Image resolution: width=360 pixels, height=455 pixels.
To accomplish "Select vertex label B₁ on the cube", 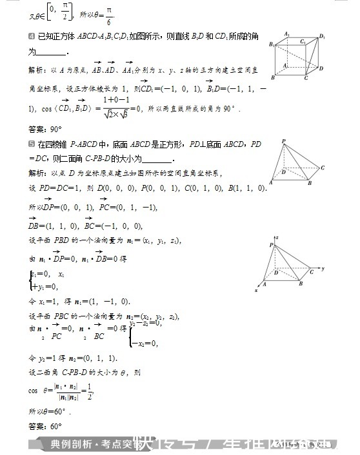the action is click(x=272, y=44).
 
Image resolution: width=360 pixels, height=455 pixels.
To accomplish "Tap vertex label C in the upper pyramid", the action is click(x=323, y=168).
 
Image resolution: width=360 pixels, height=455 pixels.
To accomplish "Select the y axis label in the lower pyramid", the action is click(x=322, y=268).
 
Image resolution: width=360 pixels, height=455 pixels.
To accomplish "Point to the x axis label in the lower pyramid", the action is click(x=256, y=291).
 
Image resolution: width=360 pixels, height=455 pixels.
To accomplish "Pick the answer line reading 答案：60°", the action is click(x=45, y=426).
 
